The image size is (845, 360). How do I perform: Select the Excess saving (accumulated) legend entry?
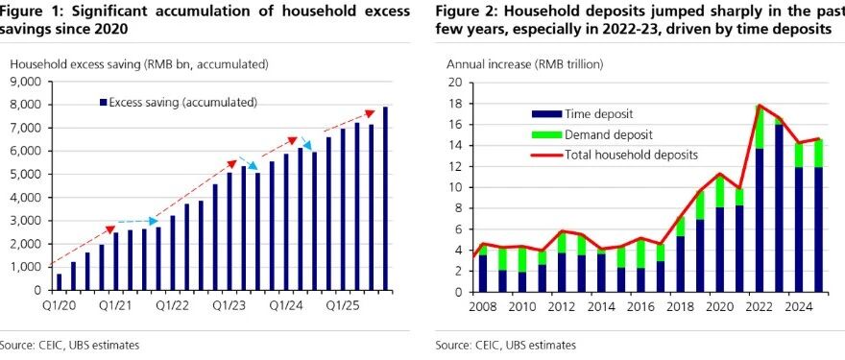(x=179, y=103)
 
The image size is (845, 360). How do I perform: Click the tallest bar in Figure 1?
(x=385, y=199)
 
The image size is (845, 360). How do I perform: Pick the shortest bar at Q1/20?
(x=60, y=282)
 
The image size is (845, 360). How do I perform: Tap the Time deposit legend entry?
(x=567, y=113)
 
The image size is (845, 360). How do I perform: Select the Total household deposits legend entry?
(x=615, y=156)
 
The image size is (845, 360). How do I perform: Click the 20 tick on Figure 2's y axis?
(x=457, y=83)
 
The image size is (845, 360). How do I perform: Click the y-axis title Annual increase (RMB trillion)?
(x=525, y=64)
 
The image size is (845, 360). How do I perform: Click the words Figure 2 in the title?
(x=459, y=12)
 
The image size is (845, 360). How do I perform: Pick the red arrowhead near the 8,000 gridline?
(x=370, y=113)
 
